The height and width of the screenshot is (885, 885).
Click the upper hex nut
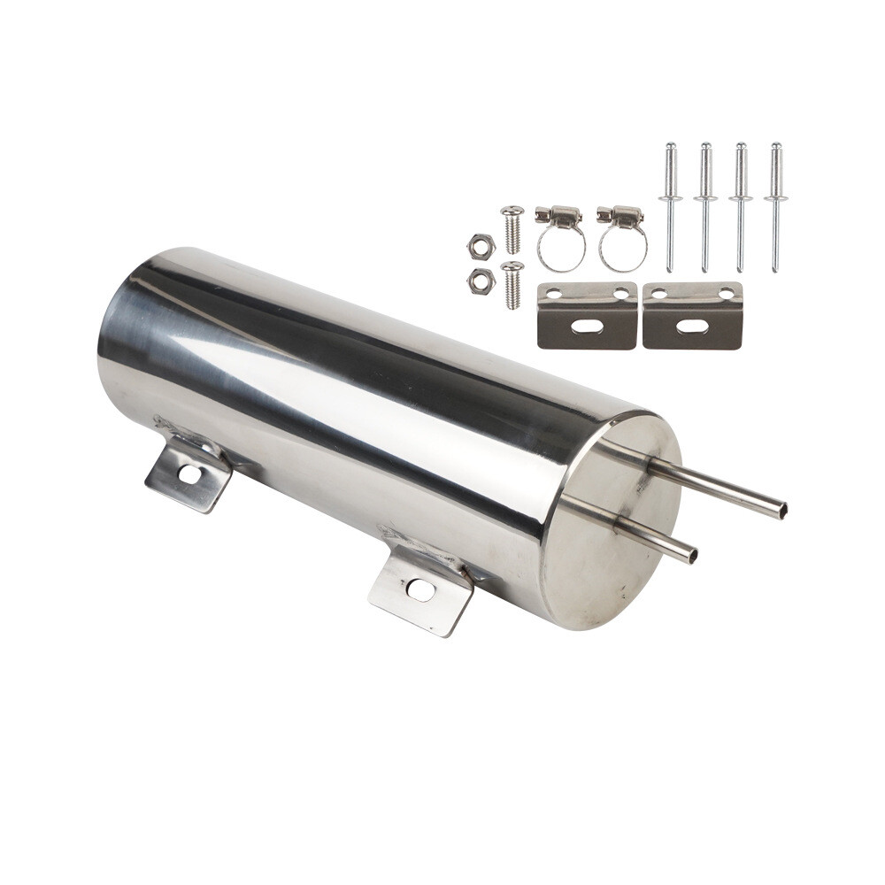(481, 242)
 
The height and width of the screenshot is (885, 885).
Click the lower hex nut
(480, 280)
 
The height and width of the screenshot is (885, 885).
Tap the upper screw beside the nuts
(512, 228)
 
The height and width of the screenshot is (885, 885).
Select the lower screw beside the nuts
(512, 284)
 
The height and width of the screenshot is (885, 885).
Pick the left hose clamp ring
(561, 248)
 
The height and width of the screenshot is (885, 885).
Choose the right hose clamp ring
(623, 248)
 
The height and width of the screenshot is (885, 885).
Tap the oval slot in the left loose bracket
(588, 327)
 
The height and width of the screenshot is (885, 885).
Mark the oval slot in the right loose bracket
(692, 327)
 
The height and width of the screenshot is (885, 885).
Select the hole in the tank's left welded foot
(189, 474)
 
